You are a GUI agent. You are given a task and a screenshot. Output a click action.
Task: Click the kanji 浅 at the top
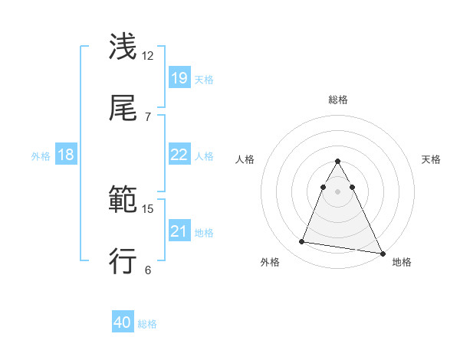coord(123,47)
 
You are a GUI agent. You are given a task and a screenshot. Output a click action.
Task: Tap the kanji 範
coord(123,201)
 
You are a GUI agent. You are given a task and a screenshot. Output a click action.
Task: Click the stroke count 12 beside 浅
coord(148,55)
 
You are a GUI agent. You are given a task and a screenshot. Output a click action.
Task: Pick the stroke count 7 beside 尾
coord(147,116)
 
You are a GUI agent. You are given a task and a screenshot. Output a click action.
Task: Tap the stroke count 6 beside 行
coord(147,270)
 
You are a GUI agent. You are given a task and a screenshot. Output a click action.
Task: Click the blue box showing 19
coord(179,78)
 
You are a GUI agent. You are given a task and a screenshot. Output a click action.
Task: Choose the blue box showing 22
coord(179,155)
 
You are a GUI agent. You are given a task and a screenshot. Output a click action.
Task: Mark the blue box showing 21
coord(179,231)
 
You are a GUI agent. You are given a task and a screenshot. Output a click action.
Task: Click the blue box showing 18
coord(66,155)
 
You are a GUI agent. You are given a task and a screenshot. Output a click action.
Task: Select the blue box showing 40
coord(123,322)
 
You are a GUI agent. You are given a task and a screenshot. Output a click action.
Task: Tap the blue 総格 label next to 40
coord(147,324)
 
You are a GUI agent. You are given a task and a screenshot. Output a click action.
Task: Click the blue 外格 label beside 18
coord(41,156)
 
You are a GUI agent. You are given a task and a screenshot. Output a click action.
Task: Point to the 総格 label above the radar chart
coord(337,100)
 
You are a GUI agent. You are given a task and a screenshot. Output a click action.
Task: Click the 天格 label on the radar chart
coord(432,159)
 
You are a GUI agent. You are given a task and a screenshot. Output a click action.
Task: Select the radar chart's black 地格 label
coord(402,262)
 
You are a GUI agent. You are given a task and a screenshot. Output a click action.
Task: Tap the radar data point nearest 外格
coord(302,242)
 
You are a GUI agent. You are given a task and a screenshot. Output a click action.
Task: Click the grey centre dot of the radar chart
coord(337,191)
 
